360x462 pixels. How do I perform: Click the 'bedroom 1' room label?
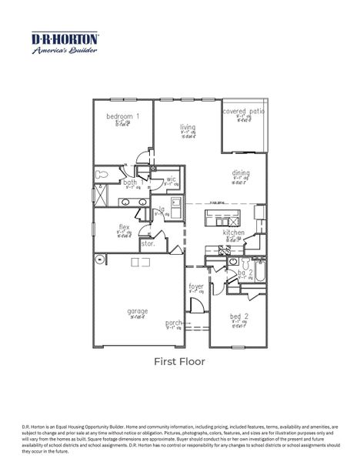(123, 115)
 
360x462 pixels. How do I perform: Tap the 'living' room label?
(188, 127)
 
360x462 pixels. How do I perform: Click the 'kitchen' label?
(234, 232)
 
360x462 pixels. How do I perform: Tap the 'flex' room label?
(124, 227)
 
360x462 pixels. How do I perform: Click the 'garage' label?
(138, 311)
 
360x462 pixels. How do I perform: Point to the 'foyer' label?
(197, 286)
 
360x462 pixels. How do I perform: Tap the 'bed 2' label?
(239, 316)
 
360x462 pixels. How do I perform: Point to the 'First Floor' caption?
(179, 360)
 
